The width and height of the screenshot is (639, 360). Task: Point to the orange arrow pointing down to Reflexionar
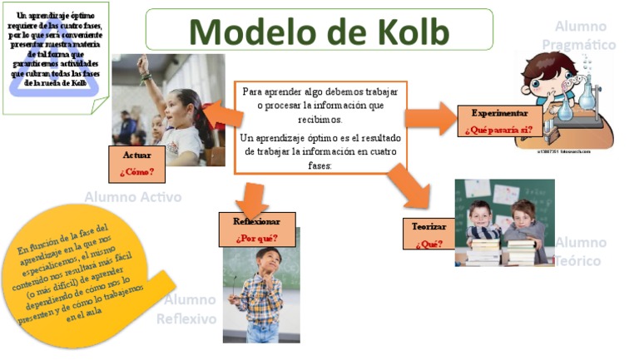pos(250,196)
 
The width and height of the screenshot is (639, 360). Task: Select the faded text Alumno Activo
pos(132,197)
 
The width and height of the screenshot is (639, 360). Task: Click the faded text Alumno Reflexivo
pos(189,309)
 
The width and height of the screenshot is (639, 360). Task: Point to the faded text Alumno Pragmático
pos(579,36)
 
